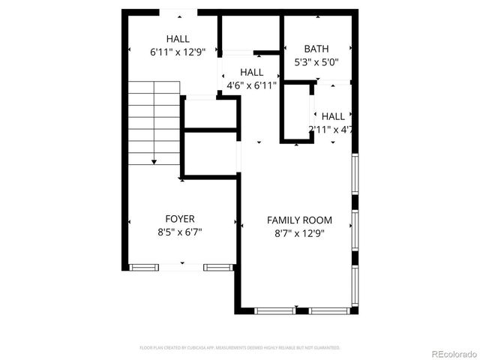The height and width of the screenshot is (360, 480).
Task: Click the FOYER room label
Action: click(x=180, y=219)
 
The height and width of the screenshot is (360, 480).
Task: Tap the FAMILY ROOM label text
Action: click(x=299, y=220)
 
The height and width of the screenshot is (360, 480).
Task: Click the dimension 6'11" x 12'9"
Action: click(x=178, y=52)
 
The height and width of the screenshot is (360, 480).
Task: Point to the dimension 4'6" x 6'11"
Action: click(x=252, y=85)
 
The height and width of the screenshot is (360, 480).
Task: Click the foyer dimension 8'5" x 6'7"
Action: click(x=180, y=232)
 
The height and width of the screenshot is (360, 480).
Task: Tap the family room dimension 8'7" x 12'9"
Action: click(x=299, y=233)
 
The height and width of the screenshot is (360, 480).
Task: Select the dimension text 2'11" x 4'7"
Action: click(x=331, y=130)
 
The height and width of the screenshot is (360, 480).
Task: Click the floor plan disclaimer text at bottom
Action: click(x=240, y=348)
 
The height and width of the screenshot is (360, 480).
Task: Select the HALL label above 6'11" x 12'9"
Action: click(x=178, y=39)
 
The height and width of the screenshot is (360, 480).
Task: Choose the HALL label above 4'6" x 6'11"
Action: click(x=252, y=72)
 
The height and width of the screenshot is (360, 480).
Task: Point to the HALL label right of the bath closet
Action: click(x=333, y=116)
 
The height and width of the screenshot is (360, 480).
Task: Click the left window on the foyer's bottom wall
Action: click(x=144, y=267)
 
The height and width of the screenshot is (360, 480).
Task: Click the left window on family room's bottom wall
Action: click(x=274, y=310)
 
